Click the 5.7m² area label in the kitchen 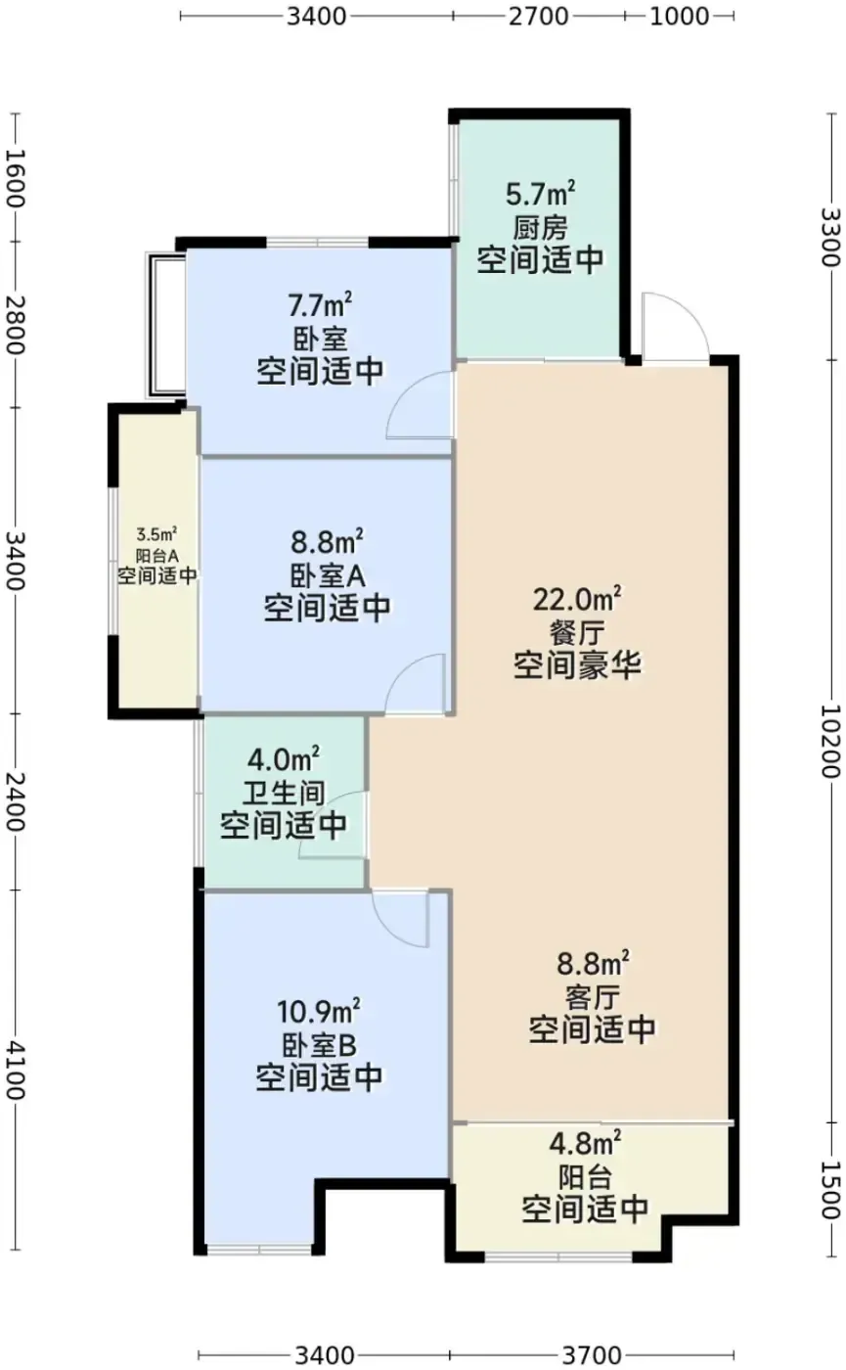pyautogui.click(x=540, y=194)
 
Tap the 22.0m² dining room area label pyautogui.click(x=577, y=599)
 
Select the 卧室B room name pyautogui.click(x=319, y=1045)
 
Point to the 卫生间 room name pyautogui.click(x=283, y=793)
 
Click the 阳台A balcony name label pyautogui.click(x=157, y=556)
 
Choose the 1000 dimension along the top pyautogui.click(x=679, y=17)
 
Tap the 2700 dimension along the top pyautogui.click(x=539, y=17)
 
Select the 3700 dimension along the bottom pyautogui.click(x=592, y=1355)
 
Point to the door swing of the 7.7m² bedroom pyautogui.click(x=421, y=405)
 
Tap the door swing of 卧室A pyautogui.click(x=414, y=684)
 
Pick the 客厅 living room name pyautogui.click(x=592, y=997)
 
